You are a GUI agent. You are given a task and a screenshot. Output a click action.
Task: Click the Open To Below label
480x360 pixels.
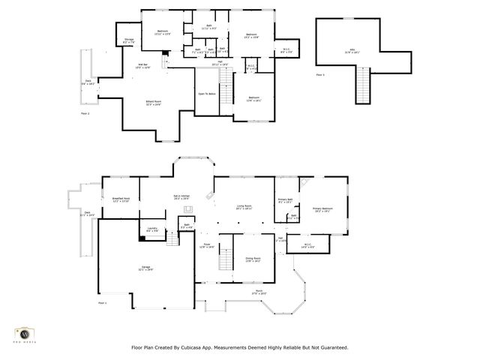click(207, 94)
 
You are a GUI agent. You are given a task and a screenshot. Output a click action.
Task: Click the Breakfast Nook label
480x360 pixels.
click(121, 199)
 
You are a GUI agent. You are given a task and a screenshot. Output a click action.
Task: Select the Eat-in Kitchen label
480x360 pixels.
click(181, 196)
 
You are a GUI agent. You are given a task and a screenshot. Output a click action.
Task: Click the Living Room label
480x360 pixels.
click(244, 207)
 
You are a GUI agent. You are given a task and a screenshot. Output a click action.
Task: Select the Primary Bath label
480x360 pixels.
click(286, 201)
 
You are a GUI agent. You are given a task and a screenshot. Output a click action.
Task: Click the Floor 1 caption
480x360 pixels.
click(102, 303)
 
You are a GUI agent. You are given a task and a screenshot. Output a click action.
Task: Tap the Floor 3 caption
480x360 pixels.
click(320, 76)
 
